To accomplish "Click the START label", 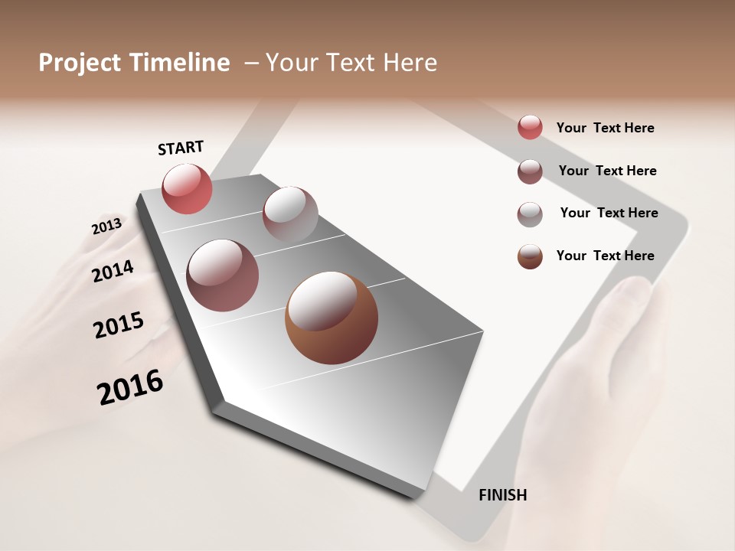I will click(181, 148).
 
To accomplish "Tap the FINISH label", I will click(502, 495).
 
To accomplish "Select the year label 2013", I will click(106, 227).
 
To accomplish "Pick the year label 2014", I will click(113, 271).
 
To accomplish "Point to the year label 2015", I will click(119, 324).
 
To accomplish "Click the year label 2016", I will click(130, 387).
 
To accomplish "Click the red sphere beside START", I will click(187, 189).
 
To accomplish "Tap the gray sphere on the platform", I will click(290, 214).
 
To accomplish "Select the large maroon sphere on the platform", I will click(222, 275).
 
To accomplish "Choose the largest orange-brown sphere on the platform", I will click(331, 318).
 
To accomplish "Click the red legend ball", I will click(530, 127).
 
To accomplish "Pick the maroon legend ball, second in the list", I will click(530, 171).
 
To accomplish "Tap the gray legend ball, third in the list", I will click(530, 214).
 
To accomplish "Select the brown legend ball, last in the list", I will click(530, 257).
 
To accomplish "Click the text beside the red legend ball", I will click(605, 128).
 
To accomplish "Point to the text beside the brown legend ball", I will click(605, 256).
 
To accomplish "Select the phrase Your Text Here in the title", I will click(351, 63).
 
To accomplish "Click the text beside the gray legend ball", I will click(609, 213).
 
